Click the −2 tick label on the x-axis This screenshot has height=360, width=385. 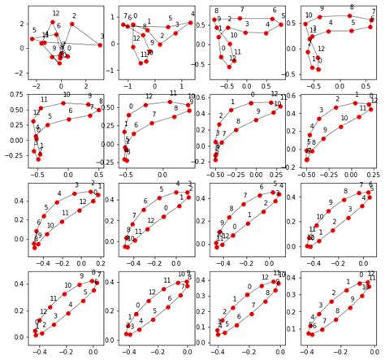coord(36,85)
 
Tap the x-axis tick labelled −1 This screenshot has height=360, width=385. coord(127,85)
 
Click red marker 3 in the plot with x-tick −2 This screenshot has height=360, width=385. coord(100,45)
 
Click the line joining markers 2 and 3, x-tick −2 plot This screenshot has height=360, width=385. coord(85,34)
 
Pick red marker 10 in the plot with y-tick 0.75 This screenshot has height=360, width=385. coord(63,103)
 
